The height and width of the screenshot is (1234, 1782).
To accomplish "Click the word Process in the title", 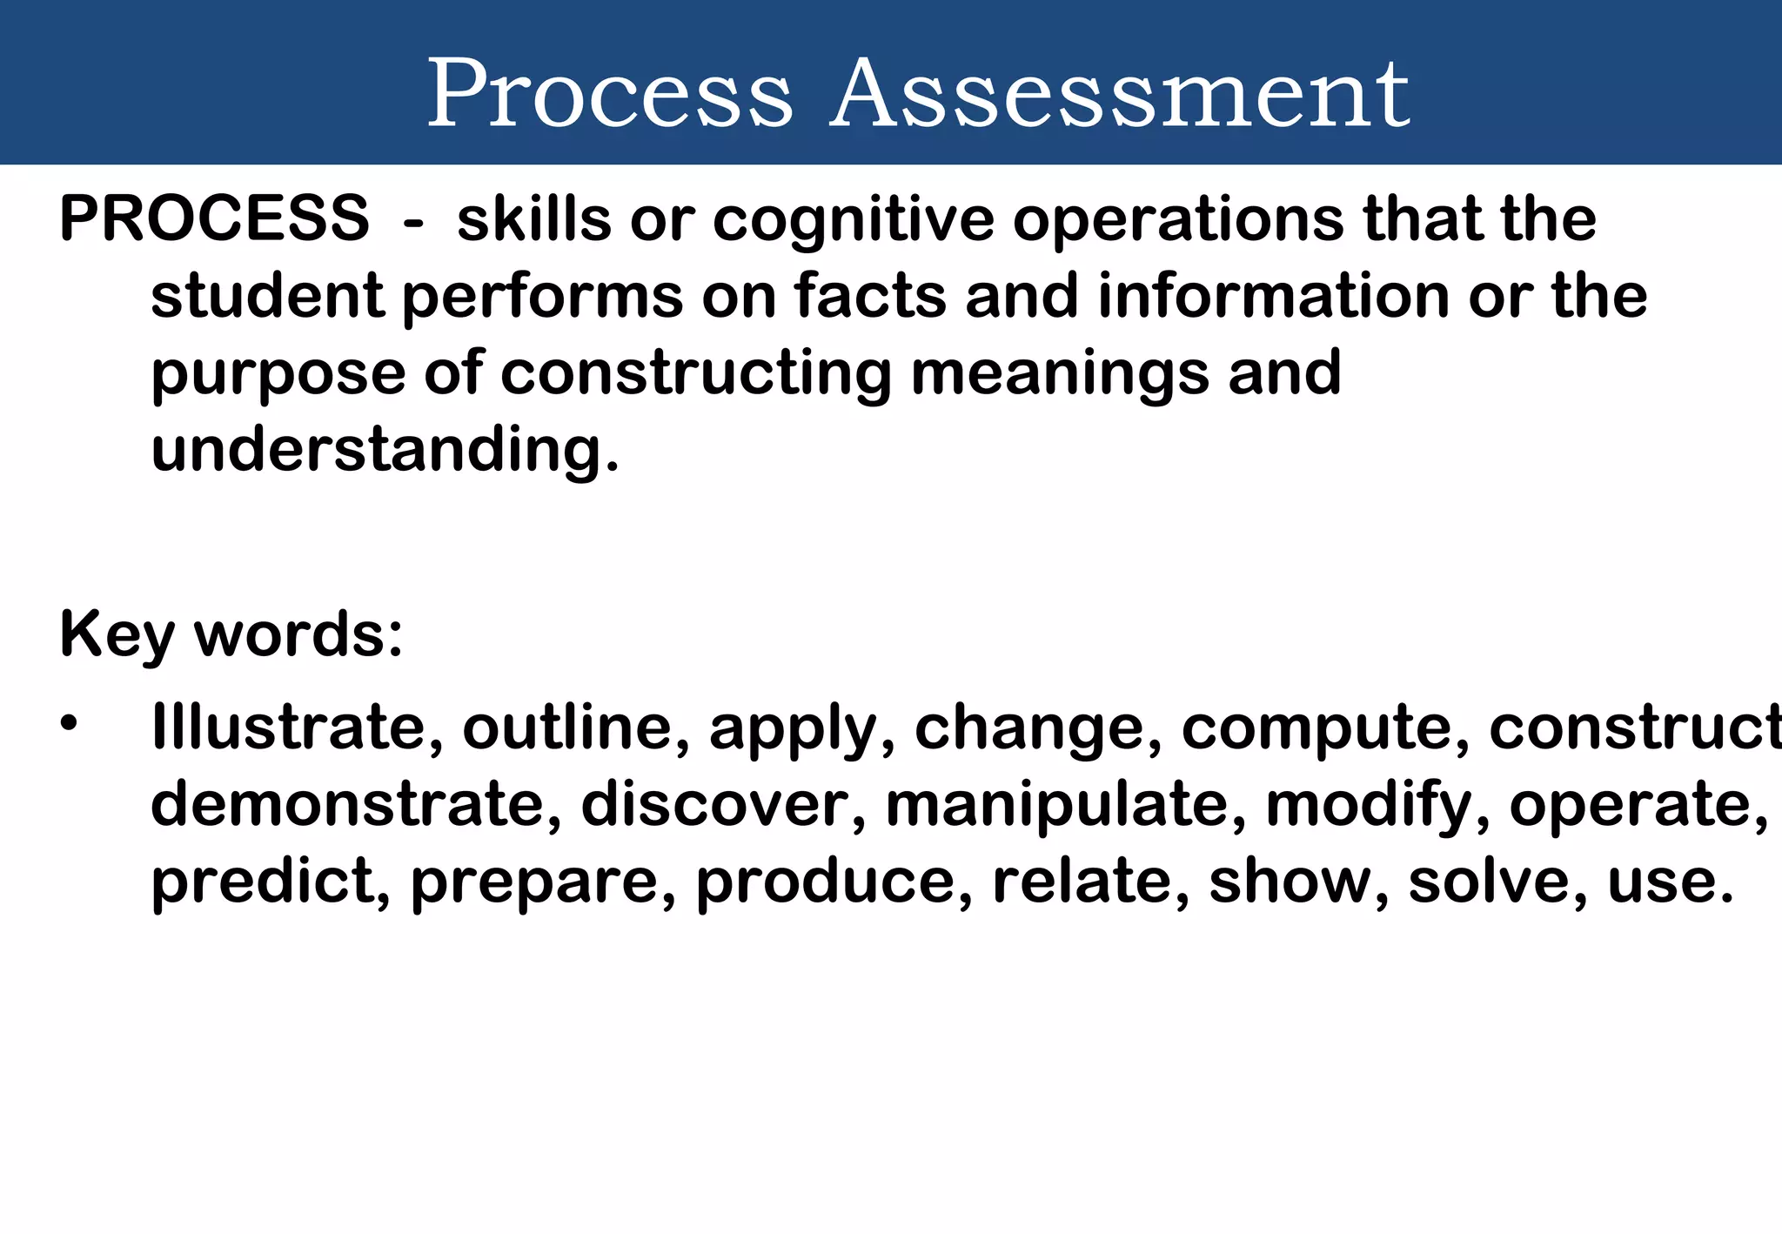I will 609,93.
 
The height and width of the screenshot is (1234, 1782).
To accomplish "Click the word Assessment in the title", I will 1119,93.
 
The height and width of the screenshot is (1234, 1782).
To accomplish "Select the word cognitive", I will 853,219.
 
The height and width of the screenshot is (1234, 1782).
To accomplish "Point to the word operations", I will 1178,219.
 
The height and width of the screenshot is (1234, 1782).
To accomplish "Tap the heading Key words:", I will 231,635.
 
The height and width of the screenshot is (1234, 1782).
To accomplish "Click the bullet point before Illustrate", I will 70,723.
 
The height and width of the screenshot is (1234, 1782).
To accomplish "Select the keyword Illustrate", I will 296,728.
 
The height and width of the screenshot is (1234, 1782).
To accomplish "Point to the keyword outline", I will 575,728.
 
